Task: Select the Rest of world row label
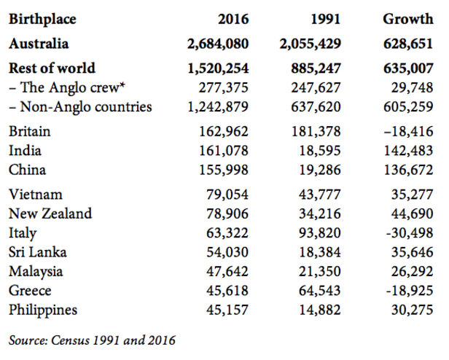pyautogui.click(x=52, y=69)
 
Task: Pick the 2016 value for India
pyautogui.click(x=224, y=151)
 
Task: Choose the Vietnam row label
pyautogui.click(x=35, y=195)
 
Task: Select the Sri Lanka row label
pyautogui.click(x=38, y=252)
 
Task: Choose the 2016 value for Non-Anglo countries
pyautogui.click(x=219, y=106)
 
